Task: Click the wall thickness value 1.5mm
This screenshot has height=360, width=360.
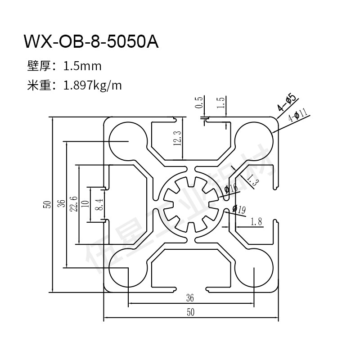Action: coord(82,67)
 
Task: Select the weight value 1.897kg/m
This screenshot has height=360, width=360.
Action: coord(93,85)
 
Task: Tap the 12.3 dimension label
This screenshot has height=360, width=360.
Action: coord(177,138)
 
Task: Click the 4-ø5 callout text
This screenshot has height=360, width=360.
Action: coord(286,102)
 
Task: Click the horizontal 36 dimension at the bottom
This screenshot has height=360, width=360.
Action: coord(189,297)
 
